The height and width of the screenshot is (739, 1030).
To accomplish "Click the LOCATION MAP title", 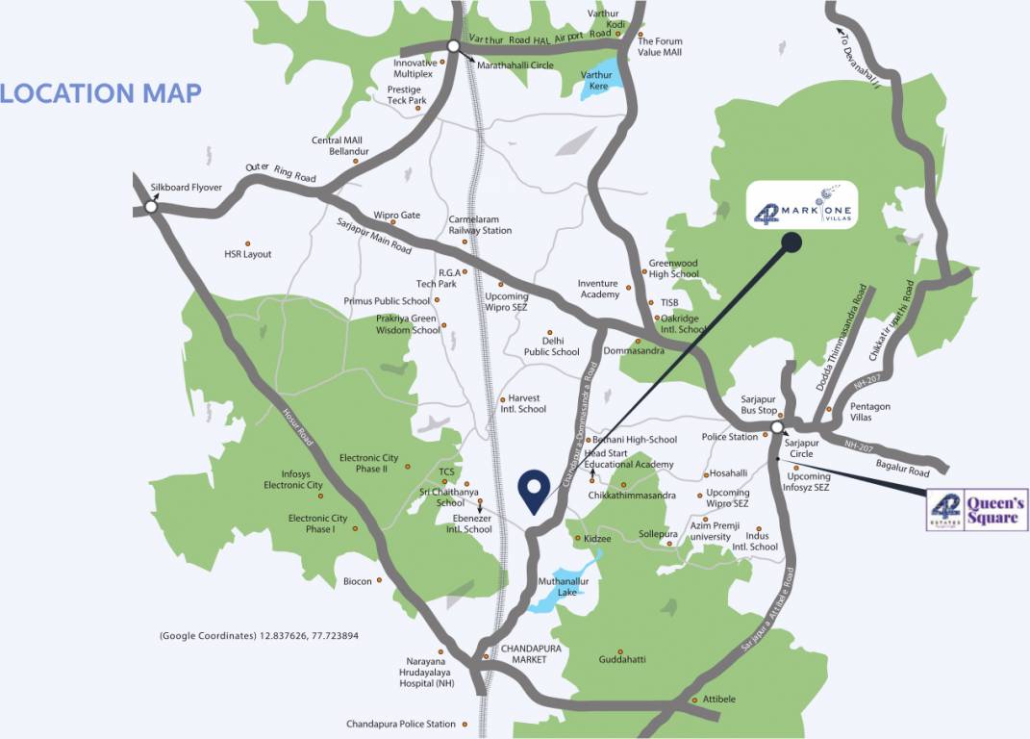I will [101, 93].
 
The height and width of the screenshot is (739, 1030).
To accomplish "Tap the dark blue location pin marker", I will [534, 491].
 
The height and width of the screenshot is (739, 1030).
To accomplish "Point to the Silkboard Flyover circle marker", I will [150, 206].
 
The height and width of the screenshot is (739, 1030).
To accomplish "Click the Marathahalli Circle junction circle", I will [454, 46].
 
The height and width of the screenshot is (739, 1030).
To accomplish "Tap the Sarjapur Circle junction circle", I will [776, 432].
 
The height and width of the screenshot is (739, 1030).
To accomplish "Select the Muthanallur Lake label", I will [557, 587].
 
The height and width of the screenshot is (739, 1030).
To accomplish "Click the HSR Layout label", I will [248, 254].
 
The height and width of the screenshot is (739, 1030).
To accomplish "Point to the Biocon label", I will [358, 581].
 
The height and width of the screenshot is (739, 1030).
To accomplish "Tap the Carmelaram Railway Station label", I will [480, 225].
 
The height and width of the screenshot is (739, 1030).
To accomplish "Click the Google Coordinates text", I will [259, 636].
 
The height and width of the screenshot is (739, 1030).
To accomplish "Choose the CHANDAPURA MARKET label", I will [523, 653].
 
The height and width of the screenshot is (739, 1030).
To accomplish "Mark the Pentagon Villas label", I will [870, 412].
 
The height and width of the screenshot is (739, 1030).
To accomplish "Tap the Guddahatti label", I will [621, 660].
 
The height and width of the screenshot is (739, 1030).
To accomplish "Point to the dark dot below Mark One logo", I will [791, 242].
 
